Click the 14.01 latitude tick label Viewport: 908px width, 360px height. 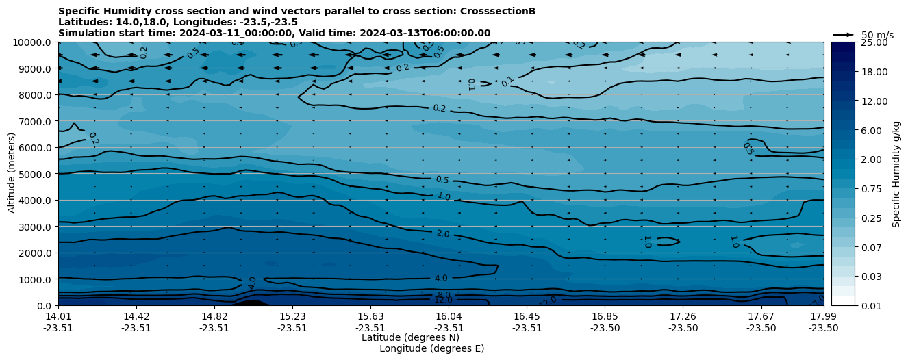pyautogui.click(x=58, y=317)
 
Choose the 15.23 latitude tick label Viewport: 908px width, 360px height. pyautogui.click(x=292, y=317)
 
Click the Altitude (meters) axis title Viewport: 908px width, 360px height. pyautogui.click(x=12, y=174)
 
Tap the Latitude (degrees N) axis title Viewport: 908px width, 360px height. pyautogui.click(x=410, y=337)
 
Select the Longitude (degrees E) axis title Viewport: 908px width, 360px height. pyautogui.click(x=431, y=348)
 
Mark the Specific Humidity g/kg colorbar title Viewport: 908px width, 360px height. pyautogui.click(x=896, y=174)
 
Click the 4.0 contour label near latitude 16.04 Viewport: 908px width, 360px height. pyautogui.click(x=441, y=279)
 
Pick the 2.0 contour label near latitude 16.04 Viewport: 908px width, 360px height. pyautogui.click(x=443, y=234)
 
